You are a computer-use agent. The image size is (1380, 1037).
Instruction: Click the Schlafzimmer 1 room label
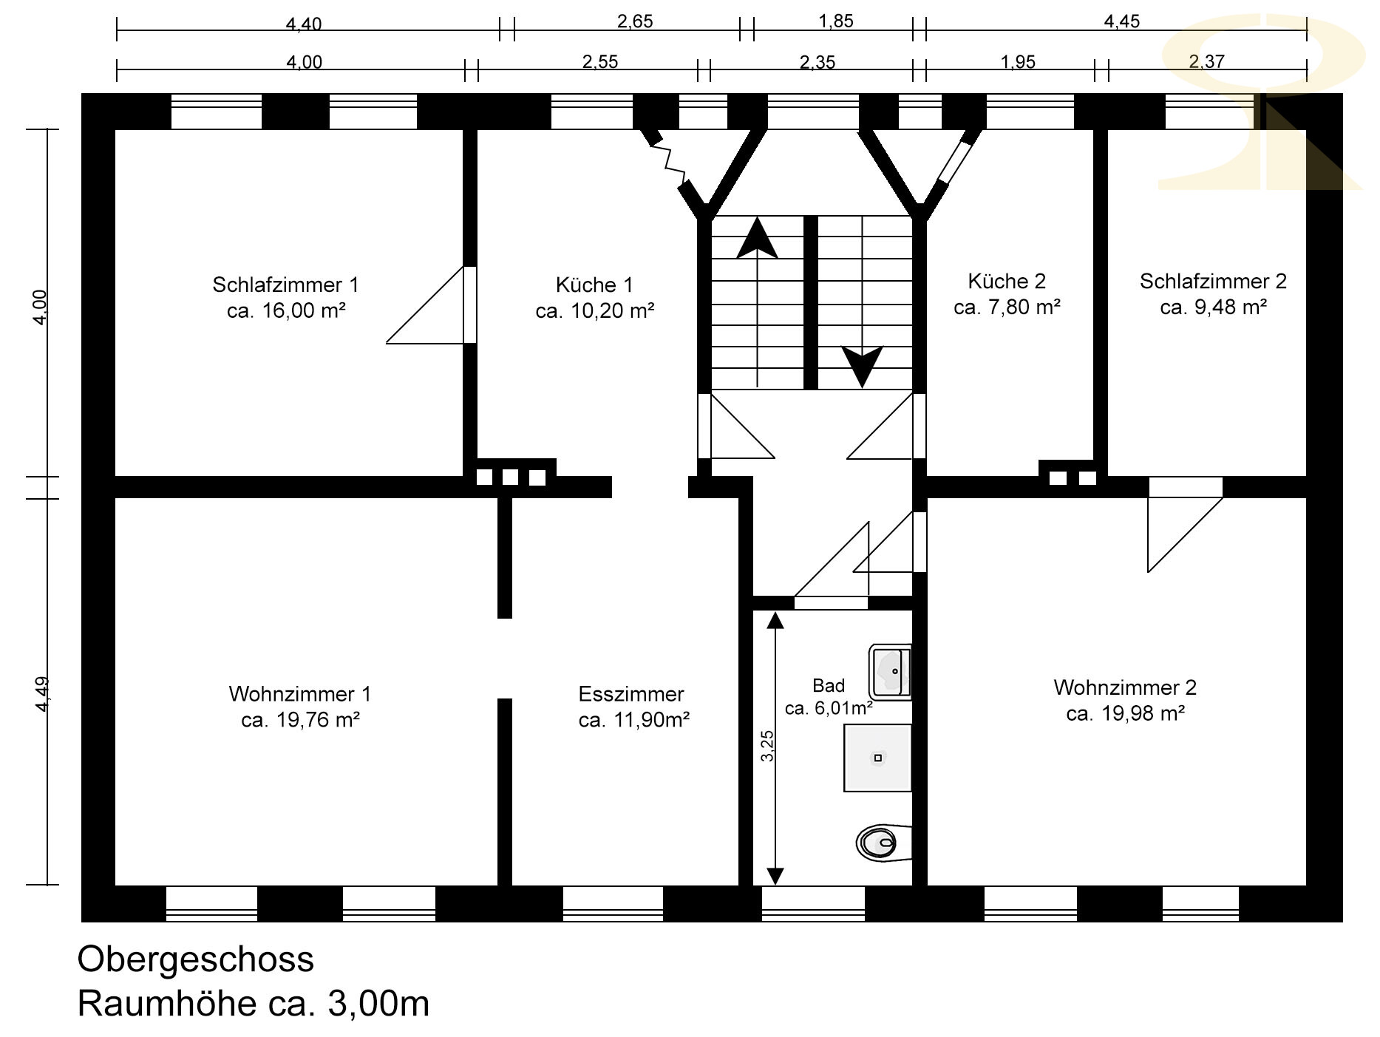pos(285,285)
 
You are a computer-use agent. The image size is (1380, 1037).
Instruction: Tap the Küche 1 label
pos(594,285)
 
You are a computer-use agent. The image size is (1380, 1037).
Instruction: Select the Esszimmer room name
pos(631,694)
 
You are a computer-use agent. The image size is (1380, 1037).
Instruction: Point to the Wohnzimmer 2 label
pos(1125,687)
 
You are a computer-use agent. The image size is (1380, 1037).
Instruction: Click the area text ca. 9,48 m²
pos(1214,307)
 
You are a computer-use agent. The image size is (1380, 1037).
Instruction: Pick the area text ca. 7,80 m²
pos(1007,307)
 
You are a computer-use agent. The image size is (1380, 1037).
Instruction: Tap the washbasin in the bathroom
pos(891,672)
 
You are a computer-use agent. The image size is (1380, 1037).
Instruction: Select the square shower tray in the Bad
pos(877,758)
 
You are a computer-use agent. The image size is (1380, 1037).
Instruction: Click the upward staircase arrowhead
pos(757,238)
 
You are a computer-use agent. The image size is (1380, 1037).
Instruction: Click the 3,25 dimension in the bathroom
pos(767,746)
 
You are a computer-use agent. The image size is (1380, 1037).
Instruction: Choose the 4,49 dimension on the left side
pos(42,694)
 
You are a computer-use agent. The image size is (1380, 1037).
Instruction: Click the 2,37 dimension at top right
pos(1206,61)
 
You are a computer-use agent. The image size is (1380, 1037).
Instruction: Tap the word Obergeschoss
pos(196,959)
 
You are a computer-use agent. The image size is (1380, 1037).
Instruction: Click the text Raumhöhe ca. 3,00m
pos(254,1004)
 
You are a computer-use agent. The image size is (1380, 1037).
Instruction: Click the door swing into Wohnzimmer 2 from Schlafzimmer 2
pos(1185,525)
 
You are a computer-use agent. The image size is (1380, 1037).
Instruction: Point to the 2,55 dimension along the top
pos(599,61)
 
